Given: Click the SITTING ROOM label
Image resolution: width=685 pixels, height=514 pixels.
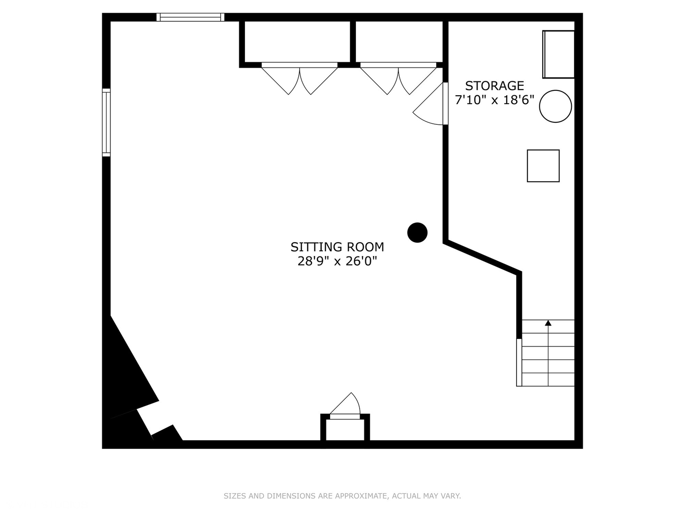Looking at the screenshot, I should pyautogui.click(x=337, y=247).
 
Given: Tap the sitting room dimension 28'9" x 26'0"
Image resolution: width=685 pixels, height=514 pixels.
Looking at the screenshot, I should pyautogui.click(x=337, y=261).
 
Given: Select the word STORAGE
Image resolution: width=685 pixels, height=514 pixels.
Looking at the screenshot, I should pyautogui.click(x=494, y=86).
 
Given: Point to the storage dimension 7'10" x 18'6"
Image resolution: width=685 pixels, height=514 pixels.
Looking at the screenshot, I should pyautogui.click(x=494, y=100).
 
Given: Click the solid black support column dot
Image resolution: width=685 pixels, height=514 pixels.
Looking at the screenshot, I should pyautogui.click(x=417, y=233).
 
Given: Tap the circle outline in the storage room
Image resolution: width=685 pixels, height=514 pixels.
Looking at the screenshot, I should pyautogui.click(x=555, y=107).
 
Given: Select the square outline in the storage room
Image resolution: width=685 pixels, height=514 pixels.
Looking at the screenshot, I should pyautogui.click(x=543, y=166).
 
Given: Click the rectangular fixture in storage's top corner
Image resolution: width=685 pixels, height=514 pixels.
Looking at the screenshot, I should pyautogui.click(x=558, y=54).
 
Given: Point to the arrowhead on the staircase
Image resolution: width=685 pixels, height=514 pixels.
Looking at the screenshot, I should pyautogui.click(x=548, y=323).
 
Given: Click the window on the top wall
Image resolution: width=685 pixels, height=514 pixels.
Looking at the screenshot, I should pyautogui.click(x=190, y=18).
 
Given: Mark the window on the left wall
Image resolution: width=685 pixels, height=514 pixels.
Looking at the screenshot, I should pyautogui.click(x=107, y=122).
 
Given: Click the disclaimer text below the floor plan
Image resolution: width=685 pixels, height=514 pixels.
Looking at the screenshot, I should pyautogui.click(x=342, y=496).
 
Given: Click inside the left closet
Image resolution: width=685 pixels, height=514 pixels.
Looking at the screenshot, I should pyautogui.click(x=297, y=41).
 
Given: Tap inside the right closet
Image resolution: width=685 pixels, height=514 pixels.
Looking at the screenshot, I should pyautogui.click(x=399, y=41).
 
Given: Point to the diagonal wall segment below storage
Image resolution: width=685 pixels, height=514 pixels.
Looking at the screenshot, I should pyautogui.click(x=482, y=257).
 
